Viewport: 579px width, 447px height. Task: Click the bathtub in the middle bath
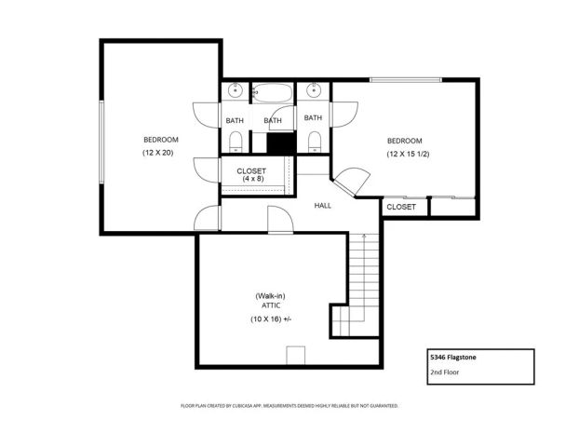(x=273, y=94)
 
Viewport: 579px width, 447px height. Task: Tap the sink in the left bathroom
(x=236, y=91)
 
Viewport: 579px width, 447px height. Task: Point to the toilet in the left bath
(x=236, y=141)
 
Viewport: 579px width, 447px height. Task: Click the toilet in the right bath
(x=314, y=141)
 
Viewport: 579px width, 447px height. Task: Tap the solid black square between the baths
(x=280, y=143)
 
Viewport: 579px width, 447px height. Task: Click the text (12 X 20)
(x=160, y=152)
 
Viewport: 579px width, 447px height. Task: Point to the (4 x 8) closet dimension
(x=251, y=179)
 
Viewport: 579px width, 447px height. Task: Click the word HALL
(x=322, y=206)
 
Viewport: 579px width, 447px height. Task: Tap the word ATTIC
(x=271, y=305)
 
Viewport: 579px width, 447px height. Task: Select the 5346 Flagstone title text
(x=455, y=357)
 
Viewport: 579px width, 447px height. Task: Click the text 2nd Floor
(x=446, y=372)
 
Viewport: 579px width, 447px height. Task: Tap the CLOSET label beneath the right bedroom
(x=401, y=207)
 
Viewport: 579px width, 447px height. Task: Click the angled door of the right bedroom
(x=351, y=182)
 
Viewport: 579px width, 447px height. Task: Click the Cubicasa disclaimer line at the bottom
(x=289, y=406)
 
